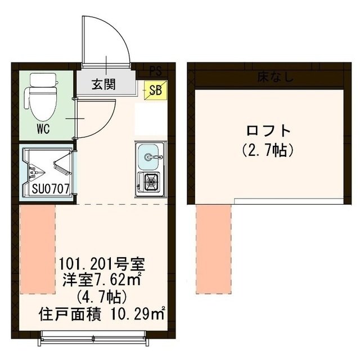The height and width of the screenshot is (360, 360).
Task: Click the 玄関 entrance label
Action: pos(104,85)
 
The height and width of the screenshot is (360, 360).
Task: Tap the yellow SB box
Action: pos(154,89)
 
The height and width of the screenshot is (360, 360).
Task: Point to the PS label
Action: pos(155,71)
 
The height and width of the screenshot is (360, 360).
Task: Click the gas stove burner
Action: pos(150,182)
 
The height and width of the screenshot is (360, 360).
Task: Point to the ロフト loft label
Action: pos(268,131)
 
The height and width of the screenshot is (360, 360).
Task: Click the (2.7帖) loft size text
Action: pos(268,150)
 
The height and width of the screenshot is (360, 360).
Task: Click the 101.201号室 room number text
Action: pos(103,263)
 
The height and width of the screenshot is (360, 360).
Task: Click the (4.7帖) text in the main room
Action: pos(103,295)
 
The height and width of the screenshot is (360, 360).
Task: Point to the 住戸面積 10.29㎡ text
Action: pos(102,313)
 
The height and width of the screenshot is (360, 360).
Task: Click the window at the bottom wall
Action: pos(101,338)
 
